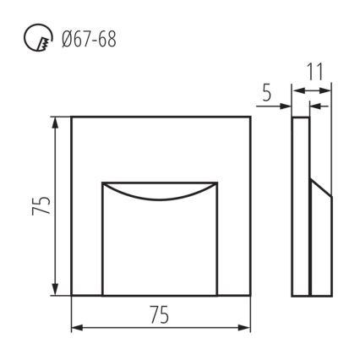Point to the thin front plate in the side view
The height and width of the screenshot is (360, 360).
pyautogui.click(x=300, y=207)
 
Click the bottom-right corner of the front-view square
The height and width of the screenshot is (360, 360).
pyautogui.click(x=251, y=296)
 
